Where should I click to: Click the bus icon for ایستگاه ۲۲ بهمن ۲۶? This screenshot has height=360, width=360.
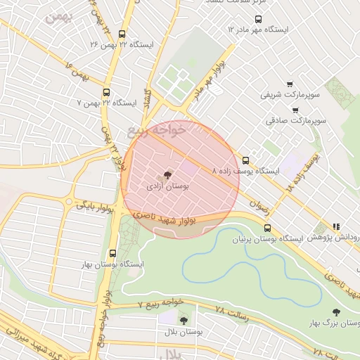[122, 34]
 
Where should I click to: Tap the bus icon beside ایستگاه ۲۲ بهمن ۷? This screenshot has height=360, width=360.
[106, 92]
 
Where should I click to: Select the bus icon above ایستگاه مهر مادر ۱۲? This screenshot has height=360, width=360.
[258, 19]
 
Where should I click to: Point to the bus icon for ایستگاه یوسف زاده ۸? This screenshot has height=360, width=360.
[245, 160]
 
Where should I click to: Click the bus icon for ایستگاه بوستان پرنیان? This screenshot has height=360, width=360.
[267, 228]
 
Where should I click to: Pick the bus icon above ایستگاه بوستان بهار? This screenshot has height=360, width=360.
[113, 253]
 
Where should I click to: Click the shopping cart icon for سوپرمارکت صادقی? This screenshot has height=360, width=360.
[295, 110]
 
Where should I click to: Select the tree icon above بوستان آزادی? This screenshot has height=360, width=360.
[167, 175]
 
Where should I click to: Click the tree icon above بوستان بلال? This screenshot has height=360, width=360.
[184, 320]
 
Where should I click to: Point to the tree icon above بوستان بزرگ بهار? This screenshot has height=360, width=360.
[336, 312]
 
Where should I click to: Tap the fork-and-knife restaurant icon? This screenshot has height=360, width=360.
[336, 227]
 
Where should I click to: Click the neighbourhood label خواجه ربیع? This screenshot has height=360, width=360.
[157, 130]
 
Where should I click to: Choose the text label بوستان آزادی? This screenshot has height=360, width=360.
[169, 188]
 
